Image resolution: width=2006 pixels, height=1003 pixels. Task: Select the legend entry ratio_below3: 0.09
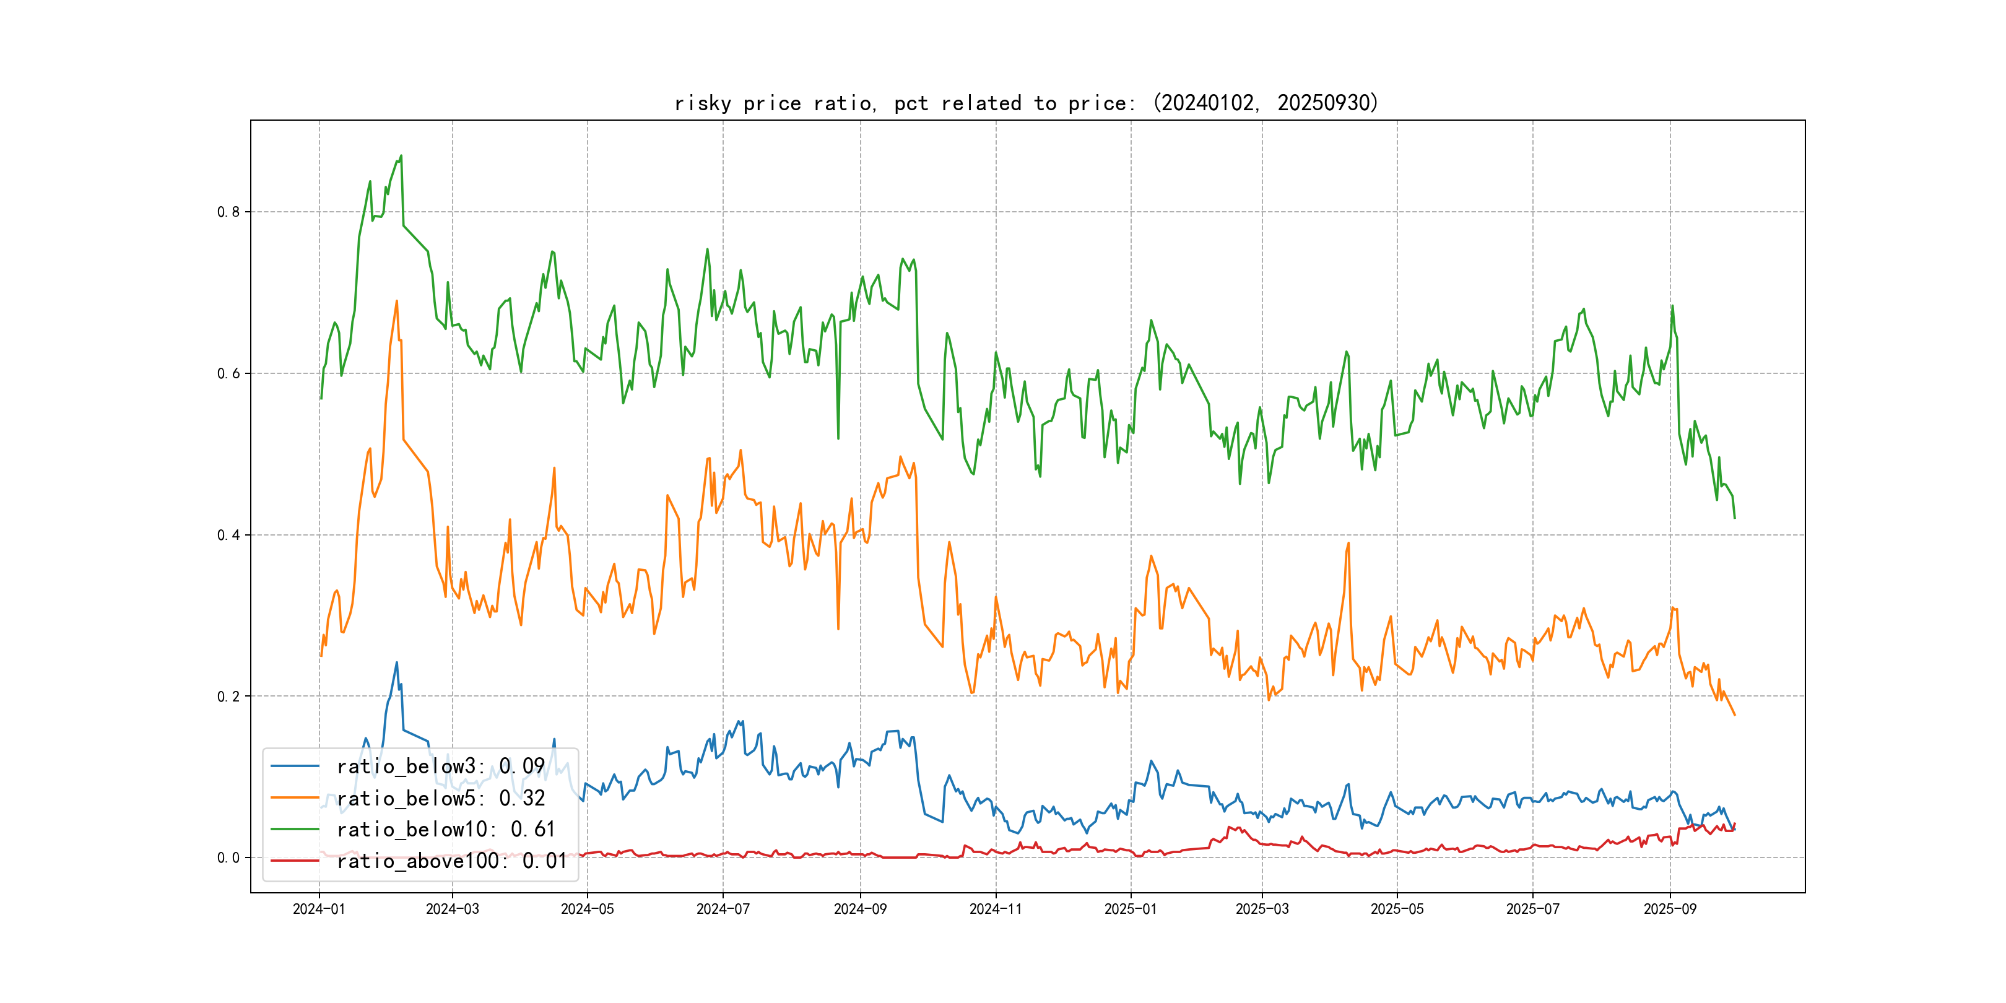tap(440, 766)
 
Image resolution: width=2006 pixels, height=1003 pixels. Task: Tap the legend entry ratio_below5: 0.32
tap(440, 798)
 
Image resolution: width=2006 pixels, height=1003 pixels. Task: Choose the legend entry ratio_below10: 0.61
tap(445, 830)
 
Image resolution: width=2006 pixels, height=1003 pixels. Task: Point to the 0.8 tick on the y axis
tap(228, 212)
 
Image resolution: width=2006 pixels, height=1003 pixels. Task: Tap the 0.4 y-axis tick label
tap(228, 535)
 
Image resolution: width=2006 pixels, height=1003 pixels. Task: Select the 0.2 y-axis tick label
tap(228, 696)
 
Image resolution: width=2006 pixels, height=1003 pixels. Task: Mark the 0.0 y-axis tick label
tap(228, 858)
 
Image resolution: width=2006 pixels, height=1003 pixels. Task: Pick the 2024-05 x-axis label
tap(587, 909)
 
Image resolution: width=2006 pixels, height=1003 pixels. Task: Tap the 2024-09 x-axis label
tap(860, 909)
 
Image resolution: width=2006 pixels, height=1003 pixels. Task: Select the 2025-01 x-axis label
tap(1131, 909)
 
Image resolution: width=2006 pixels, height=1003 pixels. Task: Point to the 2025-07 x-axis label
tap(1532, 909)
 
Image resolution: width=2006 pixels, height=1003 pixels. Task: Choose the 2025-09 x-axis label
tap(1670, 909)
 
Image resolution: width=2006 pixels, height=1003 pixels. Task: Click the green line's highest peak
tap(401, 156)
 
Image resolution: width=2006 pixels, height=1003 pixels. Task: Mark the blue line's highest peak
tap(397, 662)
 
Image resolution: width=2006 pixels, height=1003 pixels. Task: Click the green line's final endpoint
tap(1734, 518)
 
